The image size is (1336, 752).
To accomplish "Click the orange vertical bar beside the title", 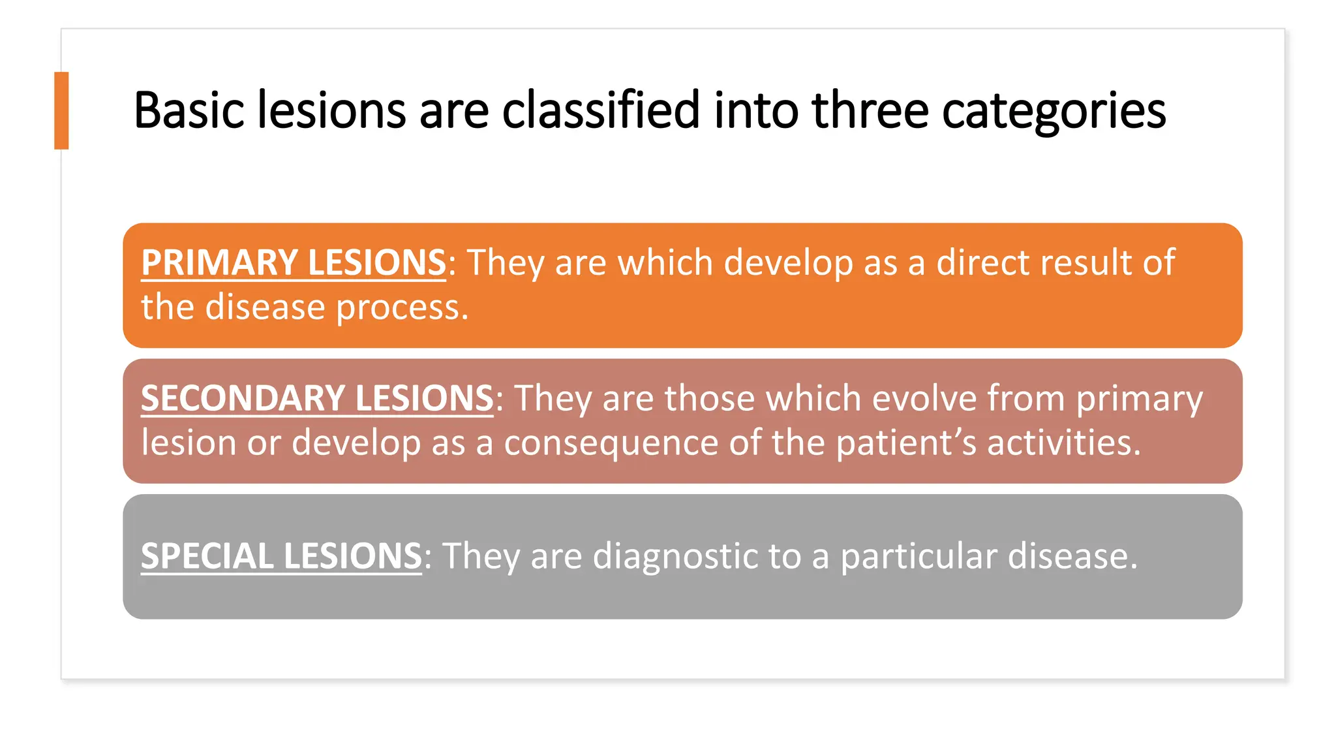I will tap(61, 110).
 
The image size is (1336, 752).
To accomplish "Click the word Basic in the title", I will tap(189, 110).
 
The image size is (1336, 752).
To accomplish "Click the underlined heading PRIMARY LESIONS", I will tap(294, 262).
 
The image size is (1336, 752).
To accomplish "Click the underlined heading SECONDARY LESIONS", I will tap(317, 398).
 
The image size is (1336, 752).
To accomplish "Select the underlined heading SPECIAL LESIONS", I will tap(281, 556).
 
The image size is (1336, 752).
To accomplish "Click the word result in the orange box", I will tap(1086, 262).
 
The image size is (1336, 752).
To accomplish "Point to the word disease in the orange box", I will tap(265, 307).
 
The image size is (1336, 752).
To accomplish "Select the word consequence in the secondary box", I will tap(611, 444).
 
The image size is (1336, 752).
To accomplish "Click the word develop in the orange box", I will tap(788, 264).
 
